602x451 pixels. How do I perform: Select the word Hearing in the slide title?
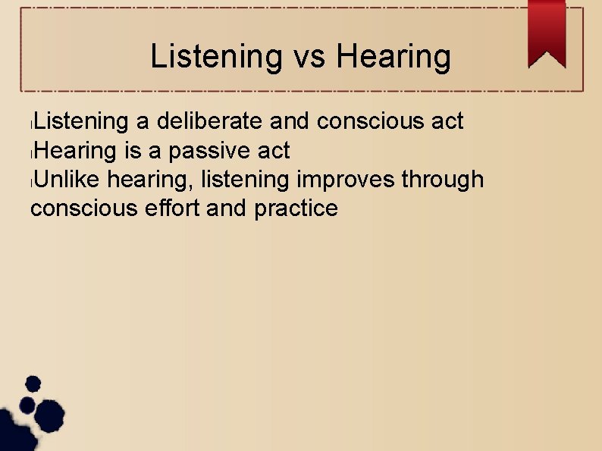393,56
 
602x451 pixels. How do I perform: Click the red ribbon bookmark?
547,33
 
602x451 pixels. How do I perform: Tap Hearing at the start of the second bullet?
74,151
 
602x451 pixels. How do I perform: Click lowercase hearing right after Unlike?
150,180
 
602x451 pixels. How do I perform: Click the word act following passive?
273,151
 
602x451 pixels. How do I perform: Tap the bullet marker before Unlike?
28,181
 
